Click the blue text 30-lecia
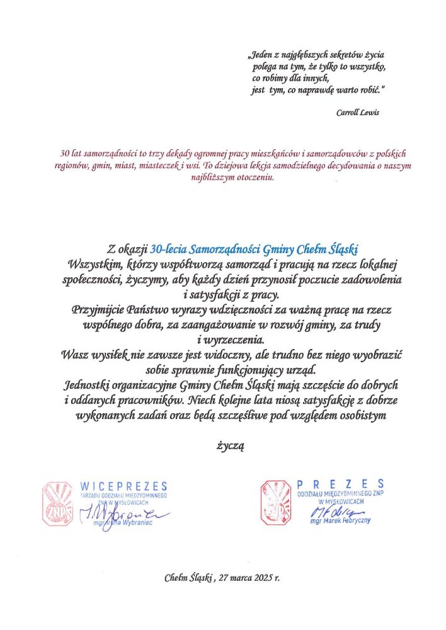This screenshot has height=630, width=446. click(x=168, y=248)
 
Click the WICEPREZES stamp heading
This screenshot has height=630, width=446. click(x=124, y=486)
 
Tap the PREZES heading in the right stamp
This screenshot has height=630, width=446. click(x=341, y=483)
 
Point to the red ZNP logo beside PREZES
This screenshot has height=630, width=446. click(x=278, y=502)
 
